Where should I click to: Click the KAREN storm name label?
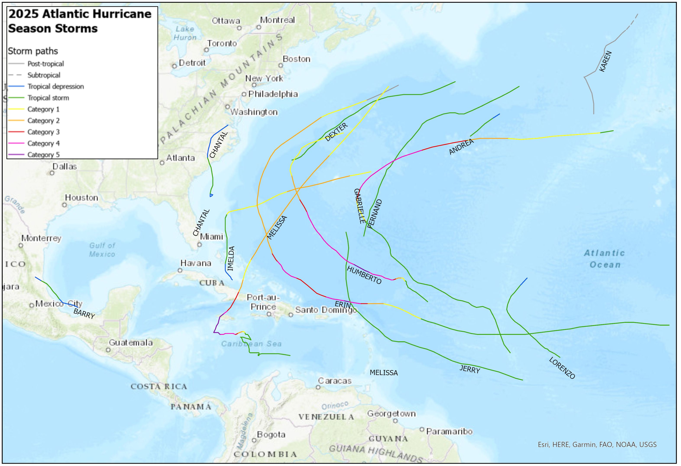click(x=605, y=61)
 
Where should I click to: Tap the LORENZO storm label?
click(x=562, y=368)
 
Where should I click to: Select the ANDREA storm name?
click(x=461, y=147)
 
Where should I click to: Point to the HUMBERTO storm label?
click(x=364, y=275)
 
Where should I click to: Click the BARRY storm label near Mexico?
click(x=84, y=314)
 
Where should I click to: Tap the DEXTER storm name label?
click(x=336, y=132)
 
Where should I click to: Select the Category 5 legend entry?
click(x=43, y=155)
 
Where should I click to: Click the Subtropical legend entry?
click(x=44, y=75)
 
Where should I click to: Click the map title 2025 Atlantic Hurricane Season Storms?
click(x=79, y=21)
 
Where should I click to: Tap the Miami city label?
click(x=211, y=237)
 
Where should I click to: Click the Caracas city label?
click(x=335, y=381)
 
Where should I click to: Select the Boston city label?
click(x=296, y=59)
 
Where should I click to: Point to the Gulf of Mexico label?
click(x=102, y=250)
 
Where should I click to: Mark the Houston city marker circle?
click(x=65, y=205)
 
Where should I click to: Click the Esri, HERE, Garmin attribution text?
click(x=597, y=445)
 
